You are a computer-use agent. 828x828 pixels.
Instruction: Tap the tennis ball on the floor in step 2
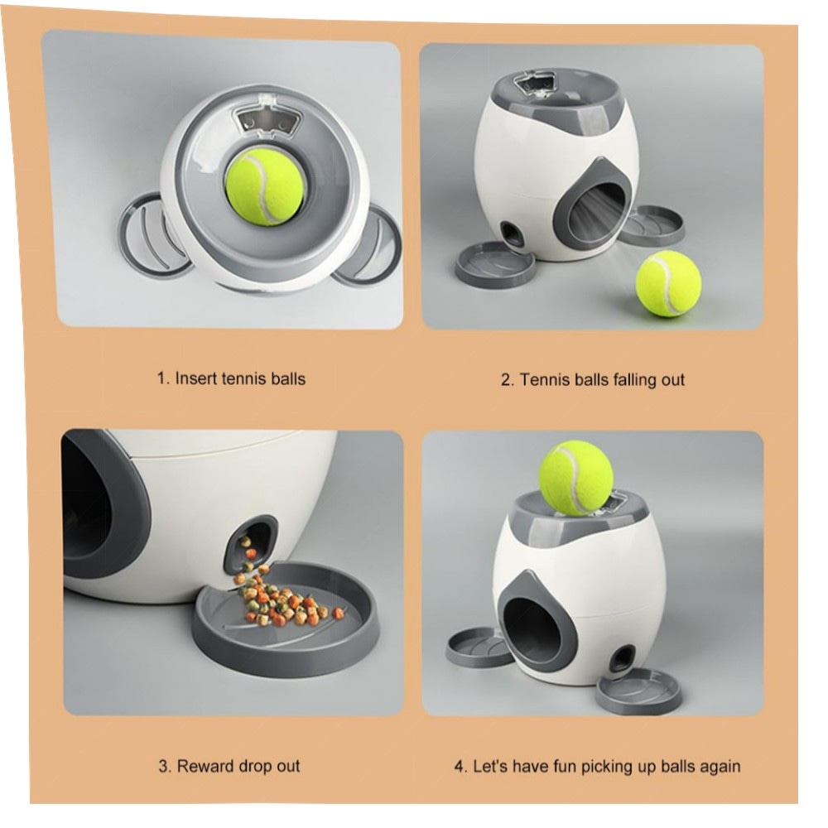point(668,283)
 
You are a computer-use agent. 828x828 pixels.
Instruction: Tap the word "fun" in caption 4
point(565,766)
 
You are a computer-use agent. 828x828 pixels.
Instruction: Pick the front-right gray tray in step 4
point(639,691)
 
